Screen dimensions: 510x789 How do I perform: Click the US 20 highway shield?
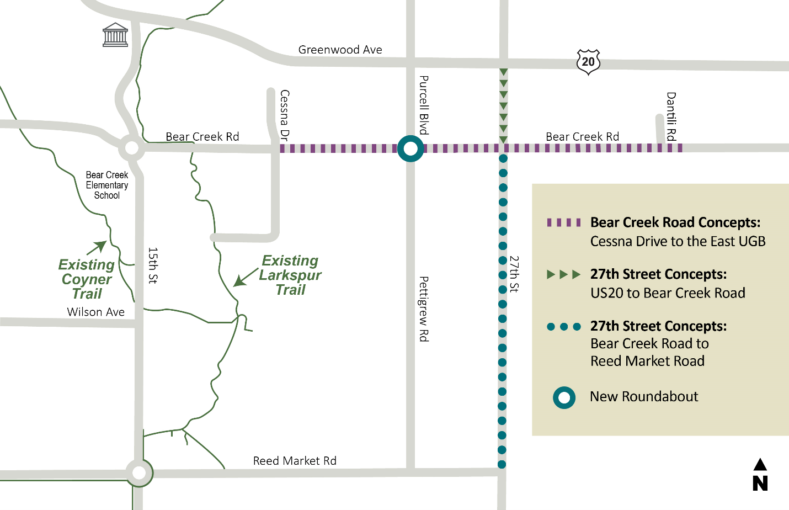tap(588, 62)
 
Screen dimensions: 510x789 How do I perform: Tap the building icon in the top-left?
tap(115, 35)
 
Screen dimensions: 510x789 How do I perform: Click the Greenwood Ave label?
tap(340, 50)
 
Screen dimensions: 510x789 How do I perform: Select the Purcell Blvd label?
tap(424, 105)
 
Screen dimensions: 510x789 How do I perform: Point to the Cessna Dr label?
tap(285, 115)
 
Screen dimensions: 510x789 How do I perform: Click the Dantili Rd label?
tap(671, 116)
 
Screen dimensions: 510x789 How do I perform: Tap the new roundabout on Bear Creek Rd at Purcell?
tap(411, 148)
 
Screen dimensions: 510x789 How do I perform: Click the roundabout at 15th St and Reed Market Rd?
tap(139, 473)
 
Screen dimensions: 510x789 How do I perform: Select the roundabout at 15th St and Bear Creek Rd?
tap(132, 148)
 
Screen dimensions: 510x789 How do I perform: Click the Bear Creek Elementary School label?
tap(107, 185)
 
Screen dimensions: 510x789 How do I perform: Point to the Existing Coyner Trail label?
tap(87, 279)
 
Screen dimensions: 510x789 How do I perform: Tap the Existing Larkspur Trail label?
tap(290, 275)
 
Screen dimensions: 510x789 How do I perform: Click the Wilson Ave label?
tap(96, 312)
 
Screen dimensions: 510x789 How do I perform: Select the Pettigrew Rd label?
tap(424, 309)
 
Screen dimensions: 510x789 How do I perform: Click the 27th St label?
tap(514, 274)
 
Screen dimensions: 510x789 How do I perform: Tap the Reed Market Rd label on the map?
tap(295, 461)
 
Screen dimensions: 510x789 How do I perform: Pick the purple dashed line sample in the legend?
tap(563, 222)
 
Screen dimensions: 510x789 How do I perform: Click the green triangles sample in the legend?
tap(563, 274)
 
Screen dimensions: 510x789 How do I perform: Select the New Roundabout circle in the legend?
tap(564, 397)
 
